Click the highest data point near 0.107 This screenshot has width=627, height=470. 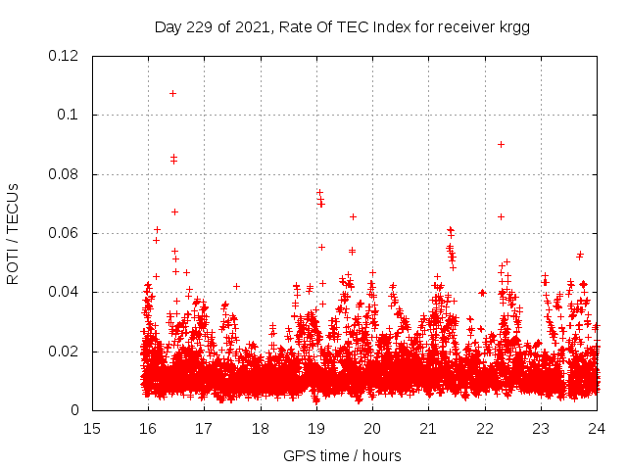[173, 94]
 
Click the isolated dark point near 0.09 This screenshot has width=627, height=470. [501, 144]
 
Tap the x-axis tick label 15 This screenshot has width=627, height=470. [92, 429]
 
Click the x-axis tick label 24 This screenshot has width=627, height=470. [598, 429]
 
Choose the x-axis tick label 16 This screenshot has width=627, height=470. [148, 429]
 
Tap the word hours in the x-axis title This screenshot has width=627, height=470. [380, 455]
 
